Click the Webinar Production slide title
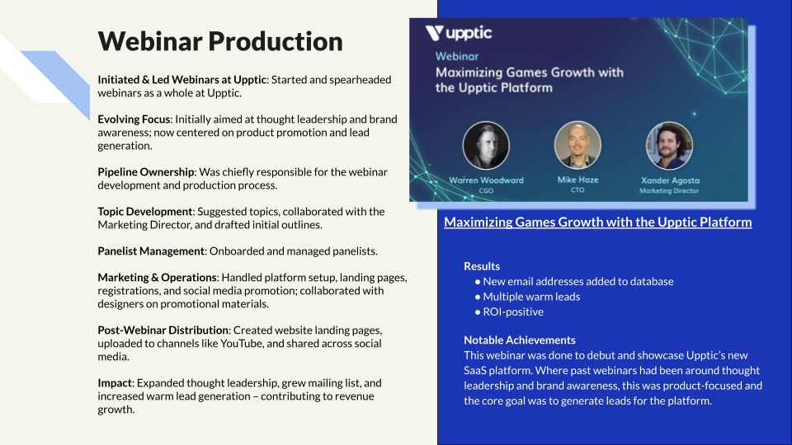pyautogui.click(x=220, y=41)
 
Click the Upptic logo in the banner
pyautogui.click(x=459, y=33)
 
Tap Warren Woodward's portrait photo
pyautogui.click(x=486, y=145)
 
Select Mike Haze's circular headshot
pyautogui.click(x=577, y=145)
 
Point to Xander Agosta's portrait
pyautogui.click(x=670, y=145)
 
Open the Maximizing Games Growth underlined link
pyautogui.click(x=597, y=222)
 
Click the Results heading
pyautogui.click(x=482, y=266)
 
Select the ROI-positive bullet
pyautogui.click(x=509, y=311)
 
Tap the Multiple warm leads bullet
pyautogui.click(x=527, y=297)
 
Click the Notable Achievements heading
pyautogui.click(x=520, y=340)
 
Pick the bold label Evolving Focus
pyautogui.click(x=134, y=119)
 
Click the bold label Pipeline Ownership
pyautogui.click(x=146, y=172)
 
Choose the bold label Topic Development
pyautogui.click(x=145, y=212)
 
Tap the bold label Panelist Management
pyautogui.click(x=151, y=251)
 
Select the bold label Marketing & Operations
pyautogui.click(x=157, y=278)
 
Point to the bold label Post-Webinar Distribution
pyautogui.click(x=163, y=330)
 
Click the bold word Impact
pyautogui.click(x=115, y=383)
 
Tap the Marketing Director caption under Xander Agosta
pyautogui.click(x=669, y=190)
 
